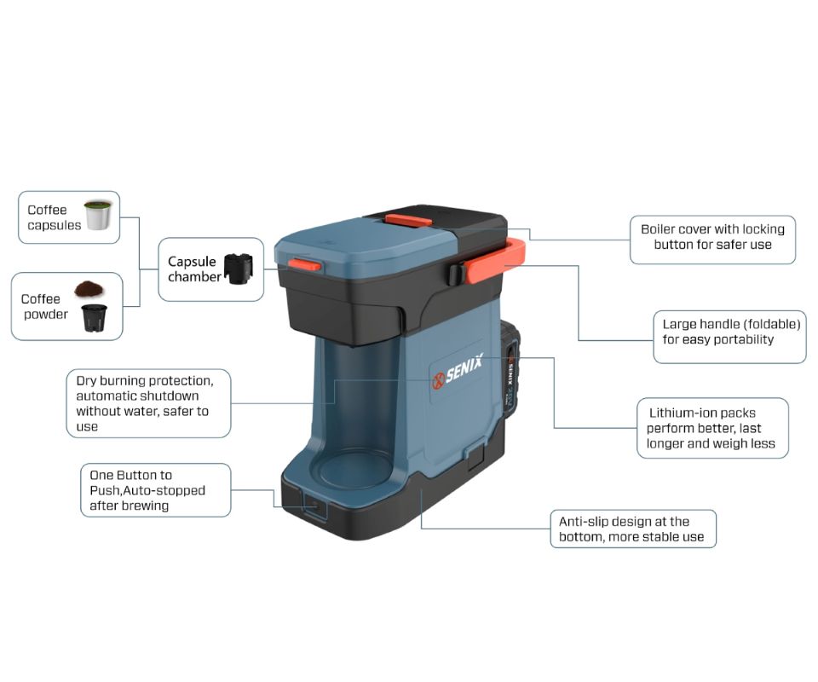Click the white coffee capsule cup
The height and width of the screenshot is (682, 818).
click(x=98, y=215)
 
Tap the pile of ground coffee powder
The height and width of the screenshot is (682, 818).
click(x=89, y=288)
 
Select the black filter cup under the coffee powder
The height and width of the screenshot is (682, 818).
click(x=94, y=318)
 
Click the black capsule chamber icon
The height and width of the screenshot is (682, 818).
click(x=239, y=269)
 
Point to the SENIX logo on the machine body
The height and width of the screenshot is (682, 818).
click(x=458, y=372)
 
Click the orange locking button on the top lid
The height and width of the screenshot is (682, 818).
click(x=408, y=221)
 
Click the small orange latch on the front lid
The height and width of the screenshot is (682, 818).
click(x=304, y=264)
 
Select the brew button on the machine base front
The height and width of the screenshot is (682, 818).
click(x=314, y=506)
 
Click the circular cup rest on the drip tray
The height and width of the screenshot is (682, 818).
click(x=355, y=469)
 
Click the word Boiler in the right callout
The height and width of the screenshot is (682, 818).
click(x=657, y=229)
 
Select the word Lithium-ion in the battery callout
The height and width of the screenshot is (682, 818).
click(x=682, y=413)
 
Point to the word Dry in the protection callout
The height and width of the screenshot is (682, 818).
click(x=86, y=381)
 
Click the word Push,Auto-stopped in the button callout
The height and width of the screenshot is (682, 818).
click(x=147, y=490)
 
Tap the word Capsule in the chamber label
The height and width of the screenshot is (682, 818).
click(x=192, y=262)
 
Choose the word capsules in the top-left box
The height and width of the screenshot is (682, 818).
click(x=55, y=226)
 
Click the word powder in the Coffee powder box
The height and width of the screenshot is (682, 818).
click(x=46, y=315)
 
